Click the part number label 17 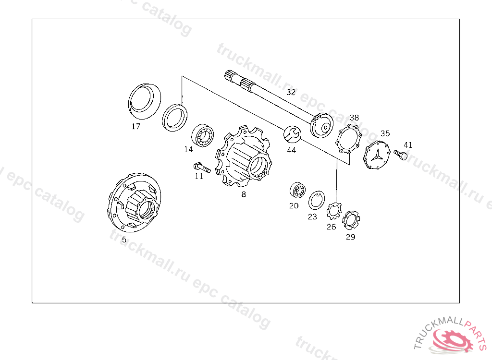(x=136, y=127)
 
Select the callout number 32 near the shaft (x=291, y=92)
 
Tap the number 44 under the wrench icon (x=291, y=150)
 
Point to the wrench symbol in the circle (x=292, y=134)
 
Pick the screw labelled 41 (x=400, y=155)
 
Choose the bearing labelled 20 (x=298, y=191)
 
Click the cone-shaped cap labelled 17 (x=144, y=100)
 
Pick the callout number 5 (x=124, y=239)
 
